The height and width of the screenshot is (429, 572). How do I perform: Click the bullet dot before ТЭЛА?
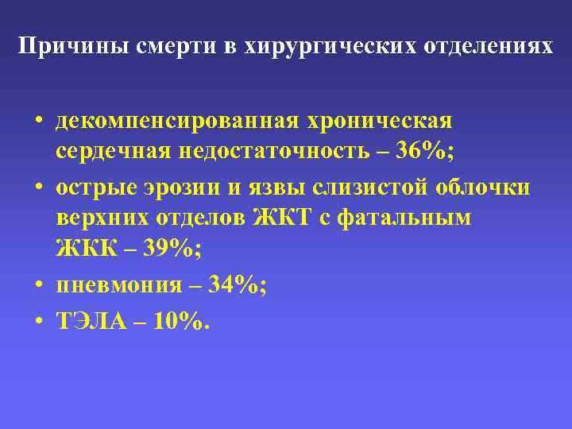click(x=38, y=322)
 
